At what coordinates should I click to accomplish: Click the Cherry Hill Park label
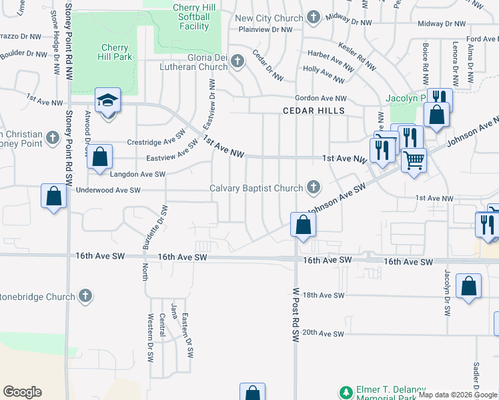pos(116,52)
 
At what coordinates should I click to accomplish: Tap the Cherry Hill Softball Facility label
pos(194,17)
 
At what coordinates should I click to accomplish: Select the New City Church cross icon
pos(314,19)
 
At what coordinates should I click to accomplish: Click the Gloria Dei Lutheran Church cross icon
pos(237,62)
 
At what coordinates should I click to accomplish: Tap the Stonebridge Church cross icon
pos(84,295)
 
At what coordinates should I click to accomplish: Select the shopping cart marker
pos(414,160)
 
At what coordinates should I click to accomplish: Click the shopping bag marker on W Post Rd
pos(302,225)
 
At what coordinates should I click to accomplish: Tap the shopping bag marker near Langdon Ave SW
pos(99,158)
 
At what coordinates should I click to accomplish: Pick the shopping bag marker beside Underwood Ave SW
pos(53,197)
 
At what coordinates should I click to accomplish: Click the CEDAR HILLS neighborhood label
pos(313,111)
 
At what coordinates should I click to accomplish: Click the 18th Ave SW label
pos(323,295)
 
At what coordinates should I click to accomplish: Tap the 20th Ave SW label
pos(323,332)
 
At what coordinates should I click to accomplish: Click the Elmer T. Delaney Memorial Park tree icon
pos(345,392)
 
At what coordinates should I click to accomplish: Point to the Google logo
pos(22,392)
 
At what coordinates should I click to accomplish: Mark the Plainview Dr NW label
pos(266,29)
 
